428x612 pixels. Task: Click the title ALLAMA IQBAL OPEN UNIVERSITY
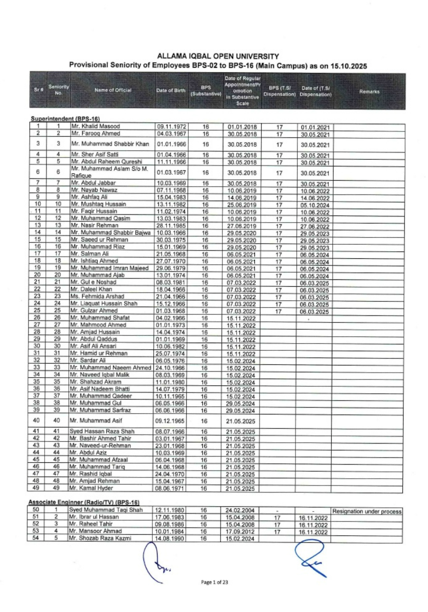(x=218, y=56)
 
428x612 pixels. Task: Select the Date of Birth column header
(x=171, y=90)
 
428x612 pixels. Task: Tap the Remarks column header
(x=369, y=91)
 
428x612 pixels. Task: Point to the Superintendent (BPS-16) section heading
(x=65, y=119)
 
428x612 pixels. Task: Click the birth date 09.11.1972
(x=172, y=127)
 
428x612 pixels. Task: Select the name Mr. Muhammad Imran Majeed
(x=109, y=268)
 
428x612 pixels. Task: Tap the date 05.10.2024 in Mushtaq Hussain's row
(x=315, y=205)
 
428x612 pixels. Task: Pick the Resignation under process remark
(x=367, y=511)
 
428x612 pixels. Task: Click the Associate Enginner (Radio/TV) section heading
(x=84, y=502)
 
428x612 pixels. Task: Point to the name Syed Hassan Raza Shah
(x=102, y=431)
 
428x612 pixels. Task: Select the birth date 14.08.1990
(x=170, y=538)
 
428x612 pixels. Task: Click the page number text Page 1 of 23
(x=214, y=582)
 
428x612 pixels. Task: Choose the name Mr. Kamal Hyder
(x=91, y=488)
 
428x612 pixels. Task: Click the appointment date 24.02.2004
(x=240, y=510)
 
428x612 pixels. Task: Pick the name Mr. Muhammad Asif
(x=96, y=421)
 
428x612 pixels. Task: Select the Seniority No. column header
(x=58, y=90)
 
